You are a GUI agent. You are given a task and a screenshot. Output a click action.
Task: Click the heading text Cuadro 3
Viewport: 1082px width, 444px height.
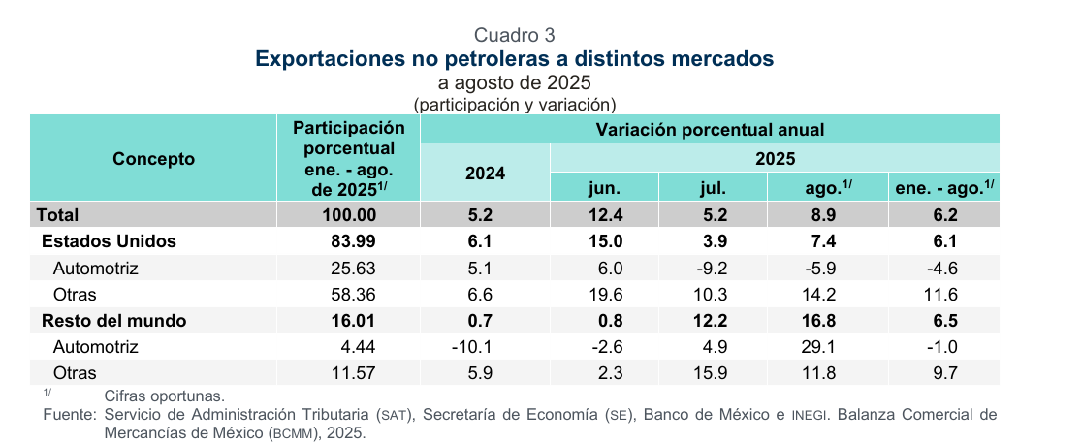(515, 36)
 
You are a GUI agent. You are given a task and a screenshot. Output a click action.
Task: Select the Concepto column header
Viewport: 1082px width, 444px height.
(154, 159)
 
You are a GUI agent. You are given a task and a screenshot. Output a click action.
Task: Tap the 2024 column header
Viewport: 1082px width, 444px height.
(485, 174)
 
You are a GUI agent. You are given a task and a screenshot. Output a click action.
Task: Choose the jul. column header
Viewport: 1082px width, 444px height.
(713, 187)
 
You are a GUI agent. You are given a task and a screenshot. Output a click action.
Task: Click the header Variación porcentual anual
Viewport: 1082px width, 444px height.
(710, 129)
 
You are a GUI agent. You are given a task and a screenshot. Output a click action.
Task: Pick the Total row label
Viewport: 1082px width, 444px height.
(57, 214)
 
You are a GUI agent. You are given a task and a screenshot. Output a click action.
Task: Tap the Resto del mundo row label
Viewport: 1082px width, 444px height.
(112, 320)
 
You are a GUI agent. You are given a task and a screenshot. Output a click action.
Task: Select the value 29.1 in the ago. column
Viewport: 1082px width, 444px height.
(827, 346)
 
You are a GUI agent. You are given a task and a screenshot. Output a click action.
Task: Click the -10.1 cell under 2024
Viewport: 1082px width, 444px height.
(485, 346)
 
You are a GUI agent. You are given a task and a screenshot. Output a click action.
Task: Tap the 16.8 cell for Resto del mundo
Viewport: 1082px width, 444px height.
(827, 320)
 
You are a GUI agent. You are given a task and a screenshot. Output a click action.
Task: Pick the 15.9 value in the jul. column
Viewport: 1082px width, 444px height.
(713, 372)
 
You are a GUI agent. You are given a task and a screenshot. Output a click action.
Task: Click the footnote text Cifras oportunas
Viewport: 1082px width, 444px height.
(164, 396)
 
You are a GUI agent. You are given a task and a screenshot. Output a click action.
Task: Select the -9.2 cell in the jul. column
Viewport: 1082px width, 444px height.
(713, 268)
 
